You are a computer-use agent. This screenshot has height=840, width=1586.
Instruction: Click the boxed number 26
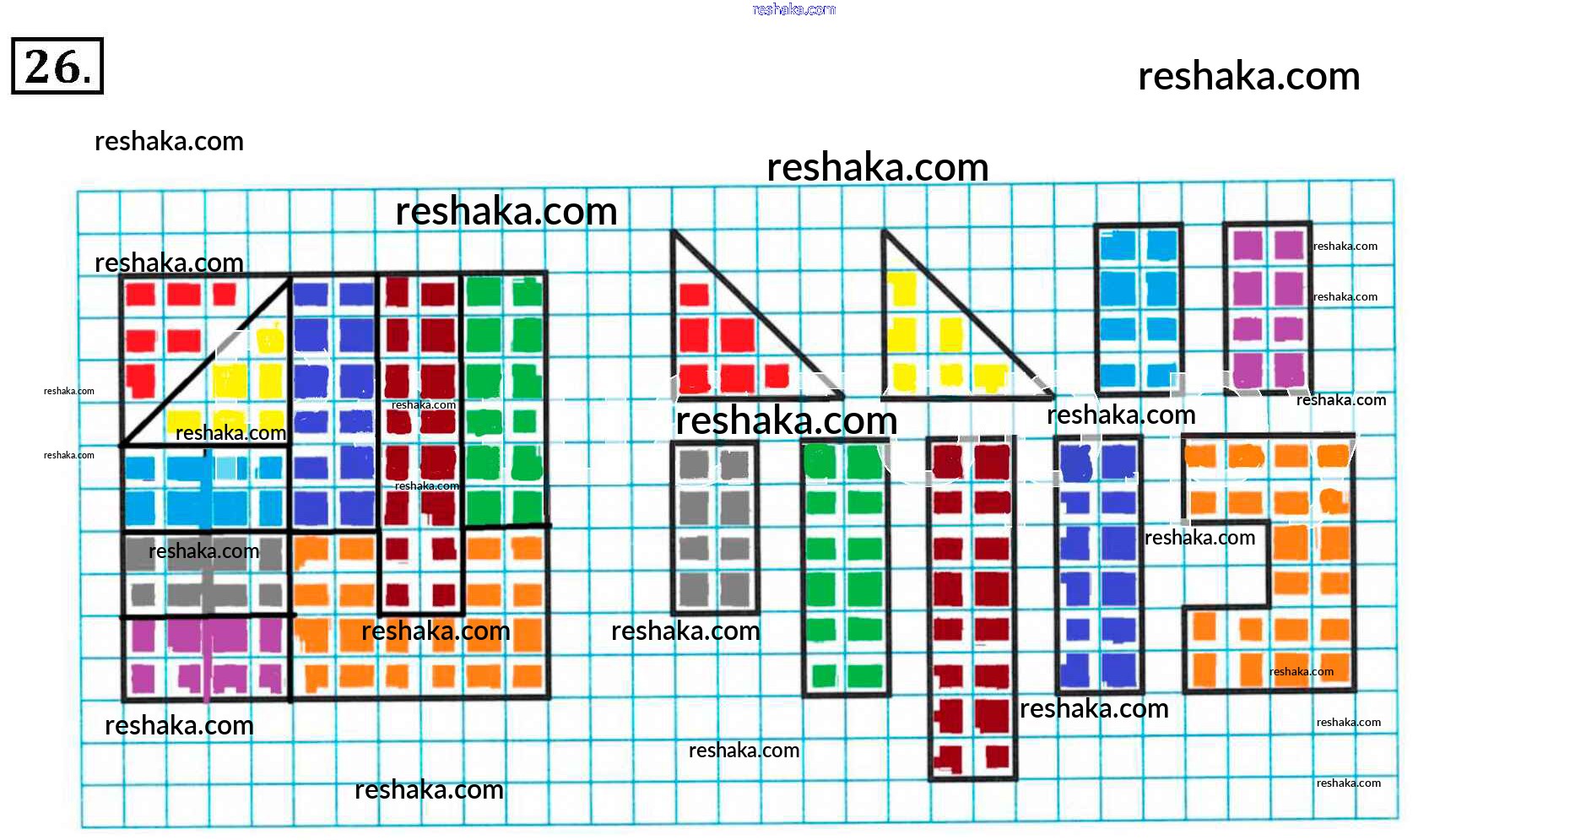(x=57, y=66)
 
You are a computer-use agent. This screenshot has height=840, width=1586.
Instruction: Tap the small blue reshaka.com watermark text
(x=793, y=9)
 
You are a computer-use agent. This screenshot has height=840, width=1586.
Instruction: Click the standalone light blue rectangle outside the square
(x=1138, y=308)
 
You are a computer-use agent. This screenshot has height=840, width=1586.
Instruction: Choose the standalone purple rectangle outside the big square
(x=1267, y=308)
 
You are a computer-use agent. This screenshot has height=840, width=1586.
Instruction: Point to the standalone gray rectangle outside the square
(x=714, y=528)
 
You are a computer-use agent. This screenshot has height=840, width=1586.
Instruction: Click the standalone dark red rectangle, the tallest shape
(x=972, y=608)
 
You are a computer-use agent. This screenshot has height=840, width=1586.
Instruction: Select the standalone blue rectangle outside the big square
(x=1098, y=566)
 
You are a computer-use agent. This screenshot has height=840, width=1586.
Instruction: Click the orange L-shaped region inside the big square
(x=422, y=658)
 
